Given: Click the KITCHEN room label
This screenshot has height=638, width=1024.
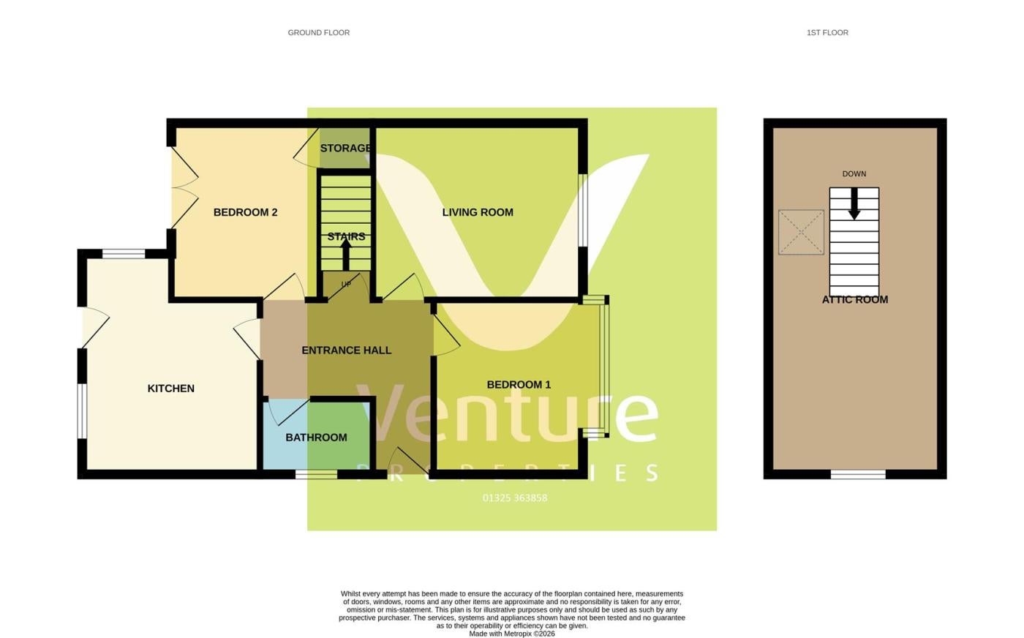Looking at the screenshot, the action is coord(171,389).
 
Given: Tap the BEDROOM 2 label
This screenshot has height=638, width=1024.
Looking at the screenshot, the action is coord(246,213).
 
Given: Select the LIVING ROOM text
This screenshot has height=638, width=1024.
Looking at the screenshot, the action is coord(478,213).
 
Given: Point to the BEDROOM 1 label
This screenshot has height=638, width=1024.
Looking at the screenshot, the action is coord(519,385).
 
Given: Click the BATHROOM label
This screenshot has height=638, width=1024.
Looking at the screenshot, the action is coord(316,438).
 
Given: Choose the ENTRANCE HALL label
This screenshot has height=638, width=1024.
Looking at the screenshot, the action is coord(347,350).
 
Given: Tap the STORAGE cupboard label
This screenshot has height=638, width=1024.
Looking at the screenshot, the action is coord(345,149).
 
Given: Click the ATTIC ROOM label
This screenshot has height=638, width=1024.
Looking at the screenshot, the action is coord(855,300).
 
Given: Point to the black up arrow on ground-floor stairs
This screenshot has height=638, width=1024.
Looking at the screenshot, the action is coord(346,255).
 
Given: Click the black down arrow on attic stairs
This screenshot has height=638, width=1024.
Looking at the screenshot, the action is coord(854,204).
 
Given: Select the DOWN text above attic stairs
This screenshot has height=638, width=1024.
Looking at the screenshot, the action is coord(854,174).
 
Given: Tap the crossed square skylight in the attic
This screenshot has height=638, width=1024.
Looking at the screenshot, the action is coord(802,233).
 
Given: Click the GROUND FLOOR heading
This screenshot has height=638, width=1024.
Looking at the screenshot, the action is coord(319,33).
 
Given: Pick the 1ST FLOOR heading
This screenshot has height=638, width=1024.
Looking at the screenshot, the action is coord(827,33).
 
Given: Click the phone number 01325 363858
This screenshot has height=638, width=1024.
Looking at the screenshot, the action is coord(515,498).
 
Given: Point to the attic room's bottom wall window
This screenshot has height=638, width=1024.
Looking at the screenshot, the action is coord(858,475).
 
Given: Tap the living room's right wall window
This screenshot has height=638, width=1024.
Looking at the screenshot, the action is coord(582,211).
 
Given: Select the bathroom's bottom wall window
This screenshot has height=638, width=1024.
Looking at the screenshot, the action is coord(316,475).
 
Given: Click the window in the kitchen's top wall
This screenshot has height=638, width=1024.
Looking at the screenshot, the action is coord(124,255).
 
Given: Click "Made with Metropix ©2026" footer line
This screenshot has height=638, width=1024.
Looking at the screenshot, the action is coord(512,634).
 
